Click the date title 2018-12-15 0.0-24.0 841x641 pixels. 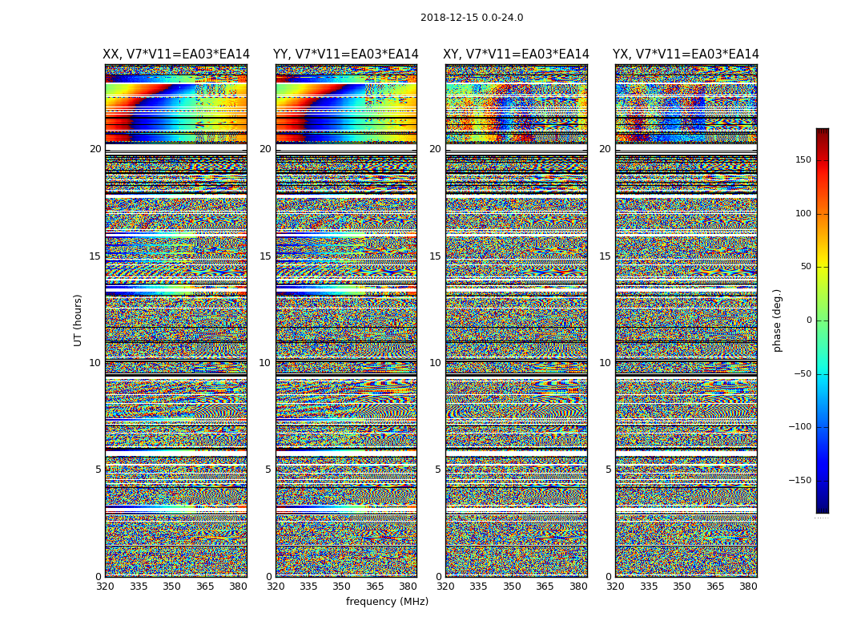pyautogui.click(x=472, y=18)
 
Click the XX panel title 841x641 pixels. pyautogui.click(x=176, y=54)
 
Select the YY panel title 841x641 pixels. pyautogui.click(x=346, y=54)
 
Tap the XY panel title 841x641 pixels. pyautogui.click(x=516, y=54)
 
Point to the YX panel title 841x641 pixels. pyautogui.click(x=686, y=54)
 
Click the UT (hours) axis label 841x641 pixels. pyautogui.click(x=78, y=320)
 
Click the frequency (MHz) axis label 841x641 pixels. pyautogui.click(x=387, y=602)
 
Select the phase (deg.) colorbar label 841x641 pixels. pyautogui.click(x=778, y=320)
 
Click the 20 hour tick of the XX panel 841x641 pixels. pyautogui.click(x=95, y=149)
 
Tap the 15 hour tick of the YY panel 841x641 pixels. pyautogui.click(x=265, y=256)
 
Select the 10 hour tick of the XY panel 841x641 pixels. pyautogui.click(x=435, y=363)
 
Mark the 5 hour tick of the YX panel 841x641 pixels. pyautogui.click(x=608, y=470)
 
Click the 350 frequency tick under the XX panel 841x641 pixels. pyautogui.click(x=171, y=587)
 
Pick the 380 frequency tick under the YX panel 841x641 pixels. pyautogui.click(x=748, y=587)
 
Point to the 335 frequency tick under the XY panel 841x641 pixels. pyautogui.click(x=478, y=587)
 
